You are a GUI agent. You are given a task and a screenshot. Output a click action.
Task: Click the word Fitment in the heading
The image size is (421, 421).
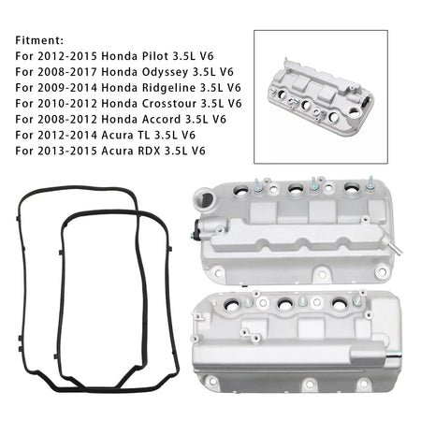click(39, 40)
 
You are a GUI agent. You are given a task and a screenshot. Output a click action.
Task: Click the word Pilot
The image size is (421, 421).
click(155, 56)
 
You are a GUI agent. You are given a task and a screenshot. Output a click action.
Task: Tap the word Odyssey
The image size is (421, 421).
click(165, 73)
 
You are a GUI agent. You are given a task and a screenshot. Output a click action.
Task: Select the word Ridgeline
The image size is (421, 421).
click(168, 88)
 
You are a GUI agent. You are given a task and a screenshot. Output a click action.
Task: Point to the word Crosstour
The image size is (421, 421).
click(169, 104)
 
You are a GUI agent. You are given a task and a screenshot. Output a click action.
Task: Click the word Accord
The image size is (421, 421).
click(161, 120)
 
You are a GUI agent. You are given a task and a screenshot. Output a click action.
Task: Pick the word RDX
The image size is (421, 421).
click(149, 151)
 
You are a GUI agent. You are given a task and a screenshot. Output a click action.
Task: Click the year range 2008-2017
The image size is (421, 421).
click(67, 72)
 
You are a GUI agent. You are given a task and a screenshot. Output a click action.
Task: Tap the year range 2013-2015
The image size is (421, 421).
click(67, 151)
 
